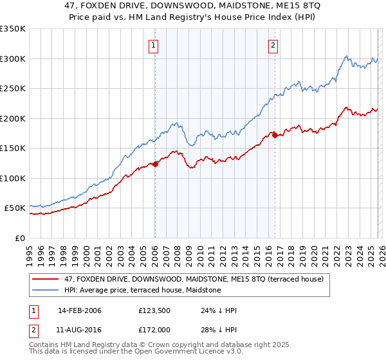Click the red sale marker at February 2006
tap(155, 164)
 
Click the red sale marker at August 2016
tap(275, 135)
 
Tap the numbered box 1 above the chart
tap(154, 45)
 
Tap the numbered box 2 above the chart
tap(273, 45)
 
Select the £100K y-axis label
tap(13, 178)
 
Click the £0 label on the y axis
tap(19, 238)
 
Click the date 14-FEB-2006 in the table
tap(80, 310)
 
